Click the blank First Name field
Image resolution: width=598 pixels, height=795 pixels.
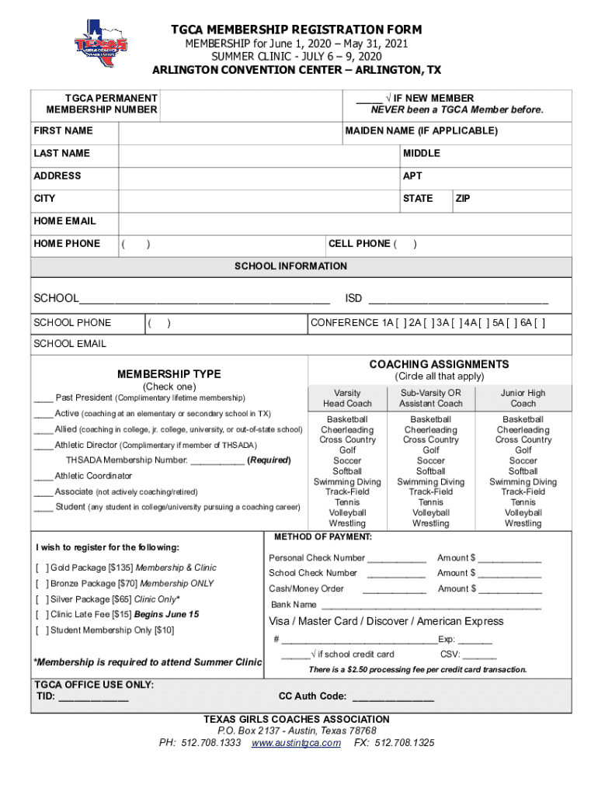click(231, 131)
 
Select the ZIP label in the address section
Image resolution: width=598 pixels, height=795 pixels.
click(463, 199)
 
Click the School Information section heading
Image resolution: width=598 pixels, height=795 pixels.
click(290, 266)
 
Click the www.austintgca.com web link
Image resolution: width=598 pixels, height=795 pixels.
click(296, 743)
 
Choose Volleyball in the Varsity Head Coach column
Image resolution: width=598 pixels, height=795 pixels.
click(347, 513)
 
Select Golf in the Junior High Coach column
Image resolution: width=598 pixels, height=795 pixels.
click(523, 450)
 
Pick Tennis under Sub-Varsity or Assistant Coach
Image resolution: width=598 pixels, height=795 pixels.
click(430, 503)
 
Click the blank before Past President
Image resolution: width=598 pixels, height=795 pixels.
click(43, 398)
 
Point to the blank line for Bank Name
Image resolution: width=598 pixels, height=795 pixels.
click(431, 606)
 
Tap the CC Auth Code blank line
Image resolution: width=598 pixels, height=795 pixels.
click(393, 697)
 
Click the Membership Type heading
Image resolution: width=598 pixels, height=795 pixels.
click(169, 374)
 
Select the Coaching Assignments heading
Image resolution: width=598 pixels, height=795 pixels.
click(439, 364)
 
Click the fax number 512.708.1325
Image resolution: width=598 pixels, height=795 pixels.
click(405, 743)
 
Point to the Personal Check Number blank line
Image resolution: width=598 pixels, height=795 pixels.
click(396, 559)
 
